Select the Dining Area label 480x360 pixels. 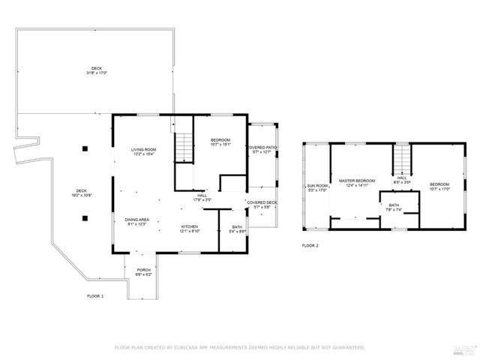(x=136, y=221)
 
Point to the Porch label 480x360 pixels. (x=143, y=272)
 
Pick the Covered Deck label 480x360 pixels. (x=262, y=205)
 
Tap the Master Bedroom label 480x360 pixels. (x=356, y=183)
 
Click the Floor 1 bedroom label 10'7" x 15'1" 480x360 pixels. (x=220, y=142)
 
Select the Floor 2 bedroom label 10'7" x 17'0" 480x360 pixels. (x=439, y=187)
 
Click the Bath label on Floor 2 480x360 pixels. (x=393, y=207)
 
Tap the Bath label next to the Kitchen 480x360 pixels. (x=237, y=229)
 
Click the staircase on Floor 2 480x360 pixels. (x=403, y=158)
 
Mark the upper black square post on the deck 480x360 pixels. (x=85, y=148)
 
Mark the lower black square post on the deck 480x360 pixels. (x=85, y=218)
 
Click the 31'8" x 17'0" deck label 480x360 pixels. (x=97, y=71)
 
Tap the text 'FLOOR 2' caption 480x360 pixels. (x=310, y=245)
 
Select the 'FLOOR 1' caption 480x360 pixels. (x=95, y=295)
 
